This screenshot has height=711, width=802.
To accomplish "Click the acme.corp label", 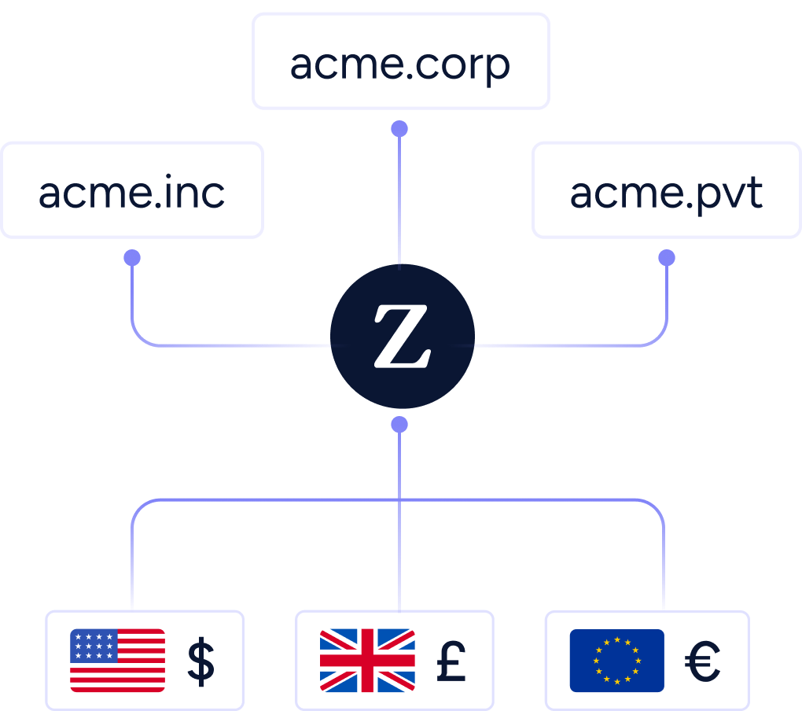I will (400, 65).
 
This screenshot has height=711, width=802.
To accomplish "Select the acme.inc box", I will (131, 191).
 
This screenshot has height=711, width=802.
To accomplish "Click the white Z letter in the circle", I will (402, 337).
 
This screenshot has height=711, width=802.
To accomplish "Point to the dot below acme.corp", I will (399, 128).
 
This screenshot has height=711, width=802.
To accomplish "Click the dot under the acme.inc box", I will (132, 258).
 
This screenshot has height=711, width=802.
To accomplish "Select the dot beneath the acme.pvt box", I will (667, 258).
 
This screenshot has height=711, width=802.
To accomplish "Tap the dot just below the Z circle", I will (399, 425).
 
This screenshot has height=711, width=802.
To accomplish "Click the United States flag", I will (117, 661).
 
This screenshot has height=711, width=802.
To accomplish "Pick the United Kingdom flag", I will (367, 661).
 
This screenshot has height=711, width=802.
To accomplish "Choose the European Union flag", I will (617, 661).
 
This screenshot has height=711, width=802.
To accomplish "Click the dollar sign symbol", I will (201, 661).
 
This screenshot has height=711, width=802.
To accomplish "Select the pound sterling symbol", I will (451, 661).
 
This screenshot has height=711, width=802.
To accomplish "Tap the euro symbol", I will (702, 661).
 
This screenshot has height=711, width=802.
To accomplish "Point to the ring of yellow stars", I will (617, 661).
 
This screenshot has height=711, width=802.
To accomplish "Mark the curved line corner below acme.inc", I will (139, 337).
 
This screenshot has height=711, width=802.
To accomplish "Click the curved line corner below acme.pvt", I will (659, 337).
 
